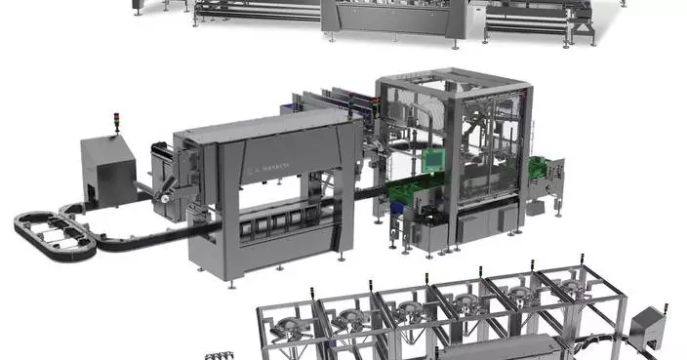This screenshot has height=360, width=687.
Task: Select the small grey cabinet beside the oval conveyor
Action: tap(106, 167)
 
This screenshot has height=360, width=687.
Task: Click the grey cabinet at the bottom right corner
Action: tap(646, 332)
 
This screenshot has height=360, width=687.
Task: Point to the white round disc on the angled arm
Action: tap(169, 182)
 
